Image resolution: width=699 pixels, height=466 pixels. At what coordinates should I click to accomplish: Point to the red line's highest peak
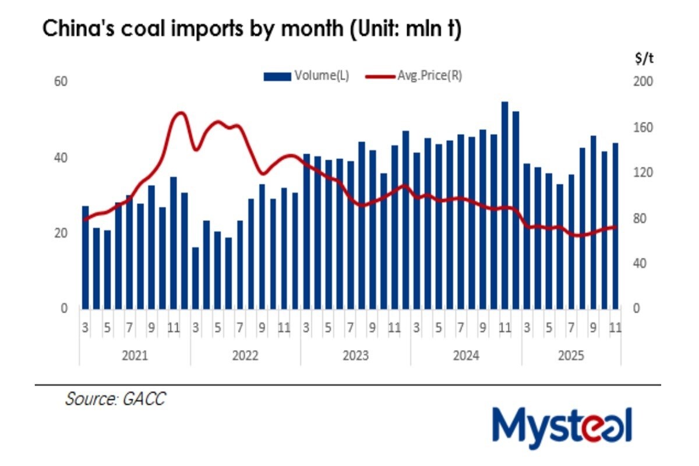(180, 113)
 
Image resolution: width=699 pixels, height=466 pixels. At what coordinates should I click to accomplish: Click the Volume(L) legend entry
(307, 75)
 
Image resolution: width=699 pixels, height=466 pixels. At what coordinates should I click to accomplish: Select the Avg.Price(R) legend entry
(414, 75)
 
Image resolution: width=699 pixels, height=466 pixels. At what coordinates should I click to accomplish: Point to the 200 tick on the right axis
(639, 82)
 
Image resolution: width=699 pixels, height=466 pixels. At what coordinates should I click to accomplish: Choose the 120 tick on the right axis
(639, 172)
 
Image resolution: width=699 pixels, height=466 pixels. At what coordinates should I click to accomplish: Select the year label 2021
(135, 355)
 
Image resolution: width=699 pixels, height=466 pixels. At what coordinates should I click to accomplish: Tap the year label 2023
(355, 355)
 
